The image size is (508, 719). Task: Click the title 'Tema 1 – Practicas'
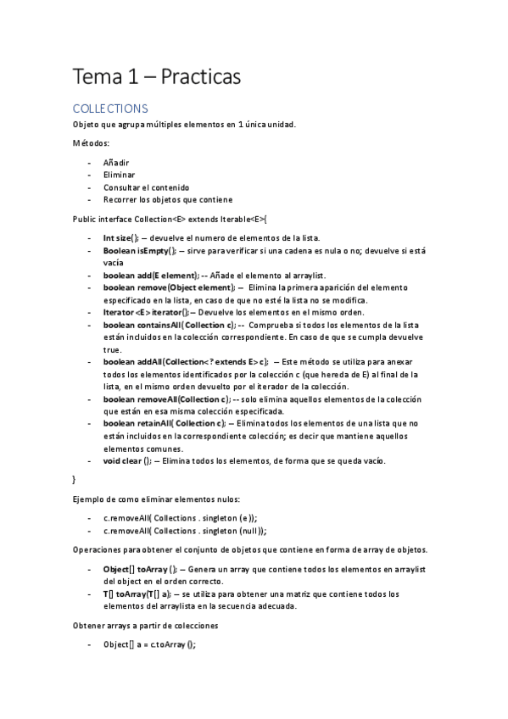pyautogui.click(x=157, y=77)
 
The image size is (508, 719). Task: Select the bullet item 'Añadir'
pyautogui.click(x=116, y=162)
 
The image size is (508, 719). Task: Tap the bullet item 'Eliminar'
pyautogui.click(x=120, y=175)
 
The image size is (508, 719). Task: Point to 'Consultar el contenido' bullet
pyautogui.click(x=146, y=187)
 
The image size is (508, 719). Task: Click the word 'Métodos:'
pyautogui.click(x=92, y=143)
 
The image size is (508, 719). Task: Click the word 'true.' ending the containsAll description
pyautogui.click(x=113, y=350)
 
